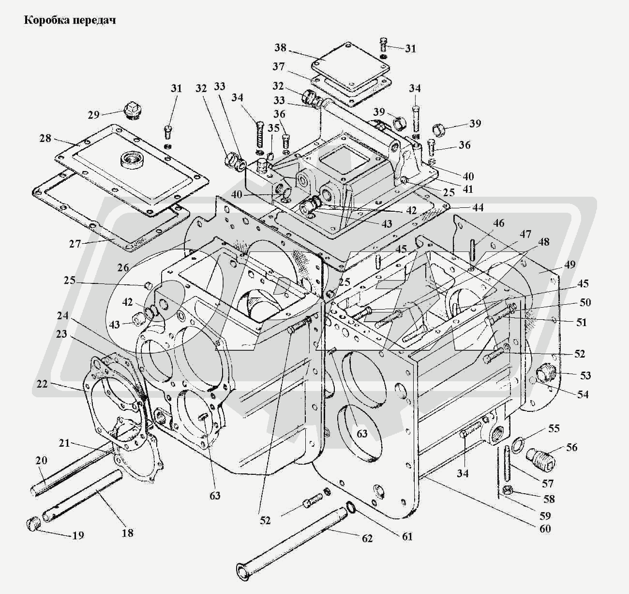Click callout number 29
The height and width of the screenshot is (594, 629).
[x=93, y=115]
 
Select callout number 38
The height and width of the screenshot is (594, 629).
[x=281, y=48]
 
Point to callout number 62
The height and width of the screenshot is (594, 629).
[x=368, y=538]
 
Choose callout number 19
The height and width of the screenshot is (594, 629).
[x=78, y=535]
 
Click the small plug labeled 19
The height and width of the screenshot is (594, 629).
[x=32, y=524]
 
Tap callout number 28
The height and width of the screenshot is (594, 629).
[x=45, y=139]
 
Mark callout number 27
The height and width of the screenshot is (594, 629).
[x=75, y=244]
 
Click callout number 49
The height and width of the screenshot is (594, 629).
[x=570, y=265]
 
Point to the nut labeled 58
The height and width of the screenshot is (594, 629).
[x=508, y=490]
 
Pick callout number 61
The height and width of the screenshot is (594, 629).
[x=407, y=536]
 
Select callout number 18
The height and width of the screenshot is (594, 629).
[x=128, y=533]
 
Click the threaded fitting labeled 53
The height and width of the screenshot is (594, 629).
[x=547, y=375]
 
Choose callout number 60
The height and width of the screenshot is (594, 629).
[x=545, y=528]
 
